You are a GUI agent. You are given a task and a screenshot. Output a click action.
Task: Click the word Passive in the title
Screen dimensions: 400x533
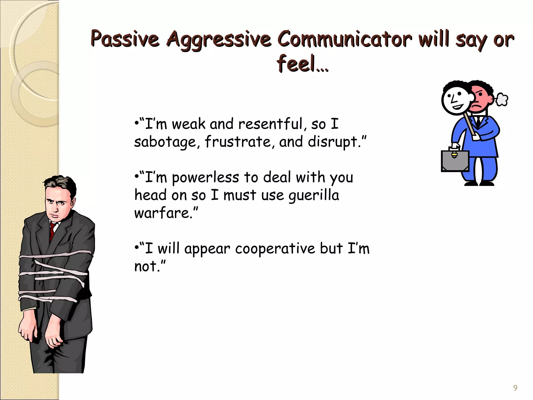click(x=125, y=39)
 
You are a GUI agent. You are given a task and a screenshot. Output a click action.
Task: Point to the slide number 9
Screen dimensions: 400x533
click(x=515, y=388)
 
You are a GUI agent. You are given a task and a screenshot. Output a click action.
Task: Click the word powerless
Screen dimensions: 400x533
click(x=205, y=178)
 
